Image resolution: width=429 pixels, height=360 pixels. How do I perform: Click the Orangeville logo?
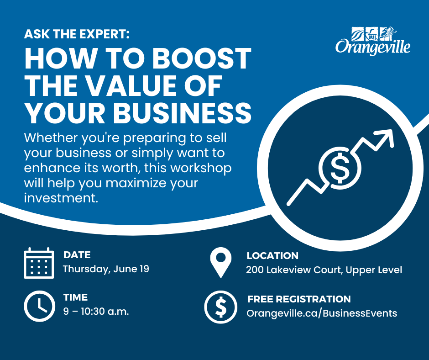click(373, 41)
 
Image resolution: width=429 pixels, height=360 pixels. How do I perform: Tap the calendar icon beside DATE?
click(39, 263)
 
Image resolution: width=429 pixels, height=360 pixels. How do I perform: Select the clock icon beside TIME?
click(40, 306)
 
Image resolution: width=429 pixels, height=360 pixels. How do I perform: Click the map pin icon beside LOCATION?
click(221, 263)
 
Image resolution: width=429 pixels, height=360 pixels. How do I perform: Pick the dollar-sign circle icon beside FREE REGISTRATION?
click(221, 307)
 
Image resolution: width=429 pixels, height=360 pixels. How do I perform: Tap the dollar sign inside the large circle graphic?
click(340, 168)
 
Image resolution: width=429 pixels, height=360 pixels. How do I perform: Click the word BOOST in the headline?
click(202, 58)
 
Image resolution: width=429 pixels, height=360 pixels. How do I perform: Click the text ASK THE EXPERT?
click(77, 34)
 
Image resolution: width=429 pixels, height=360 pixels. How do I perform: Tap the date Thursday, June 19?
click(106, 269)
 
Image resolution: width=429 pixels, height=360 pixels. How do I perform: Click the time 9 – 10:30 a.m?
click(96, 312)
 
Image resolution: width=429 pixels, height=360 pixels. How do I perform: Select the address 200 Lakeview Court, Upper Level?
click(324, 270)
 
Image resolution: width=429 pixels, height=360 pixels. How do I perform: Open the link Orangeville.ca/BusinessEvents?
click(322, 313)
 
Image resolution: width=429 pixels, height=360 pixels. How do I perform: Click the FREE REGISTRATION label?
click(299, 299)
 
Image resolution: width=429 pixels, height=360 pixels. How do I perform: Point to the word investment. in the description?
click(61, 198)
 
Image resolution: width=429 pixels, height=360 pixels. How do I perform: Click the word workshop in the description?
click(201, 169)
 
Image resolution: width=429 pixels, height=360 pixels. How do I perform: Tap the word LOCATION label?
click(272, 256)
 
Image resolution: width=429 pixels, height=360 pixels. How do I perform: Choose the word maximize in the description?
click(136, 183)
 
